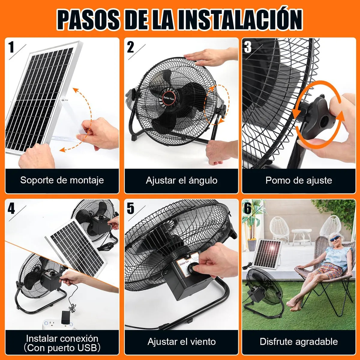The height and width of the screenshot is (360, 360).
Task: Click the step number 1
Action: coord(11,47)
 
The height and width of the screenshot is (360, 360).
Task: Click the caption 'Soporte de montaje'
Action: coord(62,180)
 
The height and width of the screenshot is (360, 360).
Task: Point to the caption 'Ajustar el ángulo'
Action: coord(181,180)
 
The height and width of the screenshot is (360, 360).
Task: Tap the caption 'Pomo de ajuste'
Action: coord(298,180)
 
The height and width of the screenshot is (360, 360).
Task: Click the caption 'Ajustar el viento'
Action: coord(181,341)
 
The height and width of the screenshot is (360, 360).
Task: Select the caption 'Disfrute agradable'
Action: coord(298,341)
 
